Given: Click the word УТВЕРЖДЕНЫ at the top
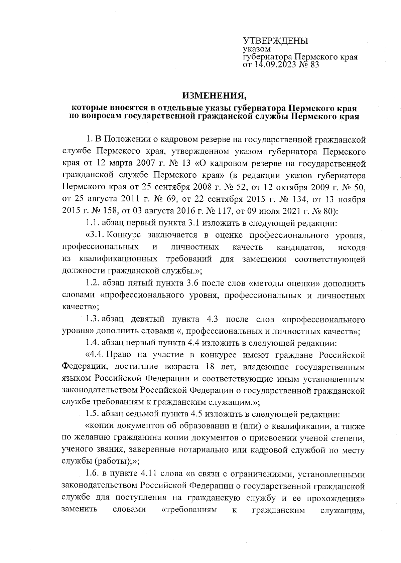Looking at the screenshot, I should point(275,41).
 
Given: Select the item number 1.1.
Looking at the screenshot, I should point(93,222).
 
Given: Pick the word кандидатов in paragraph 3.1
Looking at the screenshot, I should point(300,247).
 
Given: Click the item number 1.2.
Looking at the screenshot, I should point(93,283).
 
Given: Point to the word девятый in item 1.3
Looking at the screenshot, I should point(147,319).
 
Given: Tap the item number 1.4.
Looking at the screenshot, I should point(93,342).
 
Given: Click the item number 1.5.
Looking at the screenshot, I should point(93,414).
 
